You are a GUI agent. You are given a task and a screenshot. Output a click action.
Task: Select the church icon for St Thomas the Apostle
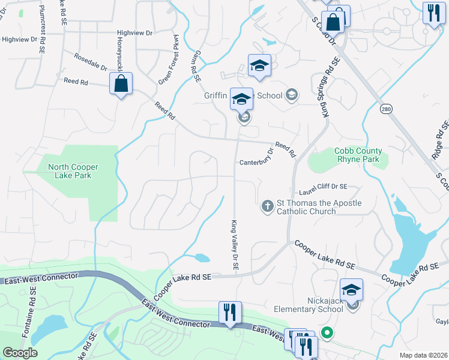click(268, 207)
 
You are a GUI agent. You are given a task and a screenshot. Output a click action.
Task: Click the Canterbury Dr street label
click(256, 163)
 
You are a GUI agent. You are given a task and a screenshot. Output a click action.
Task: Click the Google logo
click(20, 352)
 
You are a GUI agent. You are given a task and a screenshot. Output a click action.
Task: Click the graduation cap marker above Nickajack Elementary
click(351, 290)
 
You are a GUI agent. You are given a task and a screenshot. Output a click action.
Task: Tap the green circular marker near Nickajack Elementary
click(327, 331)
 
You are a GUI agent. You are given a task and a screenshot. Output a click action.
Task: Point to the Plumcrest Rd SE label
click(42, 20)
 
